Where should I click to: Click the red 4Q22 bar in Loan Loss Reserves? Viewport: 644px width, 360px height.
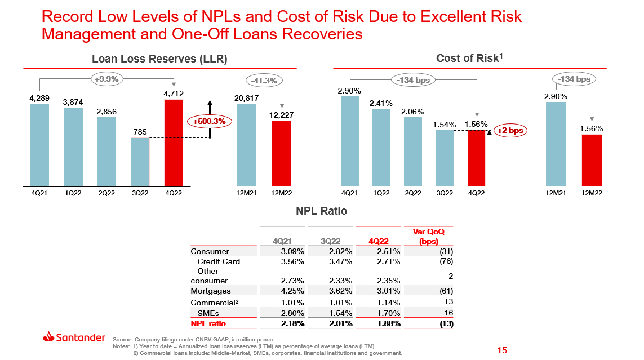174,143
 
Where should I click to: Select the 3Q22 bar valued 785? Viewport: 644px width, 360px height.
140,162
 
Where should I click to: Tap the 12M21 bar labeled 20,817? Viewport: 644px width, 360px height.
246,145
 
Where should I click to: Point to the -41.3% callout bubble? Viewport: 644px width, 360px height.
263,81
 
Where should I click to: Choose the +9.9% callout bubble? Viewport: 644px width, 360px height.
106,79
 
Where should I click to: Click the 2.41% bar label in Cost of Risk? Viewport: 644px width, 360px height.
381,103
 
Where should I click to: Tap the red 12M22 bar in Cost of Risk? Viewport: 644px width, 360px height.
592,161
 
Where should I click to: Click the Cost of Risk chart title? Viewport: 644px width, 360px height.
469,58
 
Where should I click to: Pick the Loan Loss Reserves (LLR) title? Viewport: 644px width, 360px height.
159,59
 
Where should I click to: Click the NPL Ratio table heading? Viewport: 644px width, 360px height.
322,211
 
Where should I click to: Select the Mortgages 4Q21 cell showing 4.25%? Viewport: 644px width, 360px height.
292,291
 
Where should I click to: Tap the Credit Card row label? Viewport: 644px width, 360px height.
219,261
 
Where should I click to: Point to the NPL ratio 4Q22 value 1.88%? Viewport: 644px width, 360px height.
389,323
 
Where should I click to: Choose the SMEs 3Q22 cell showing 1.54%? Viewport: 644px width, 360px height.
340,313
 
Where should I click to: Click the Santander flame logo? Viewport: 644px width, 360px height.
49,337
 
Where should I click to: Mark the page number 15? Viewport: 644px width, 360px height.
503,350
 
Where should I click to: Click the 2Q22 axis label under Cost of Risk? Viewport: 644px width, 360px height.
413,193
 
